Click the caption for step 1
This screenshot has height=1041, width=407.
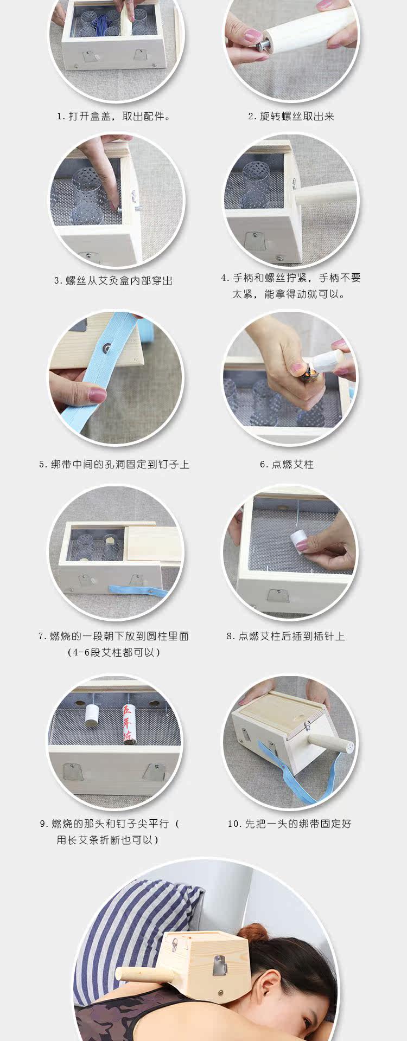tap(114, 117)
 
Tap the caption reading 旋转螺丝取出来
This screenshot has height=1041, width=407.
tap(291, 117)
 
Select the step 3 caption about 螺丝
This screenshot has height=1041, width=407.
tap(113, 280)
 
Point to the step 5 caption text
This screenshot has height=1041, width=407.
tap(114, 464)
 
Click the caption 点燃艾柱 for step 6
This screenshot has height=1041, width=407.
tap(287, 464)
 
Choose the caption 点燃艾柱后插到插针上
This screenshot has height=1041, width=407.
tap(285, 636)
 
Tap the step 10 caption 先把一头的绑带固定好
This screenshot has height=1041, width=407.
tap(289, 824)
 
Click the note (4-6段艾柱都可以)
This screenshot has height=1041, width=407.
tap(114, 652)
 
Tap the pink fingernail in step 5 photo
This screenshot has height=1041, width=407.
tap(97, 395)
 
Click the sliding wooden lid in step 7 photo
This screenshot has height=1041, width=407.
tap(155, 543)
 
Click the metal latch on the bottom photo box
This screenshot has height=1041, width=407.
tap(219, 965)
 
